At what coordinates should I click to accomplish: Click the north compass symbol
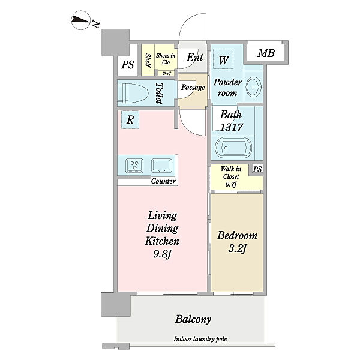click(x=80, y=20)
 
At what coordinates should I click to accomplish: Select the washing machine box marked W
click(x=223, y=59)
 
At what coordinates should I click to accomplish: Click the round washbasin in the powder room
click(x=253, y=87)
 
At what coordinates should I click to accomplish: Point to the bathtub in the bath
click(x=233, y=148)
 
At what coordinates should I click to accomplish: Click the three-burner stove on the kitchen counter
click(x=134, y=166)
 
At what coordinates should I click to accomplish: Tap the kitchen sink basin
click(x=161, y=166)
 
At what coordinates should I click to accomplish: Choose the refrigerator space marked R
click(x=130, y=119)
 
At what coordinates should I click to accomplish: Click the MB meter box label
click(x=266, y=53)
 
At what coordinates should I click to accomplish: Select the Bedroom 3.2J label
click(x=237, y=242)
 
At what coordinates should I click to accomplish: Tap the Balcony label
click(x=193, y=319)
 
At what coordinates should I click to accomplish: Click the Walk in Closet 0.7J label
click(x=231, y=176)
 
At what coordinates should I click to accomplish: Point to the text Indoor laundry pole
click(x=200, y=339)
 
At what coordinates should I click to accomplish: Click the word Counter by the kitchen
click(x=163, y=181)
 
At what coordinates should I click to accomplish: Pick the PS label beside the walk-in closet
click(x=257, y=169)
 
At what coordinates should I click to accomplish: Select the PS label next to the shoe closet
click(x=128, y=65)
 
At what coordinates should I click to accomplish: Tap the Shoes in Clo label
click(x=166, y=59)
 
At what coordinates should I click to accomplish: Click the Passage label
click(x=193, y=88)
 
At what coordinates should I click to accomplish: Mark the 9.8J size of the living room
click(x=163, y=254)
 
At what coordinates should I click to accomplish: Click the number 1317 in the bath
click(x=231, y=127)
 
